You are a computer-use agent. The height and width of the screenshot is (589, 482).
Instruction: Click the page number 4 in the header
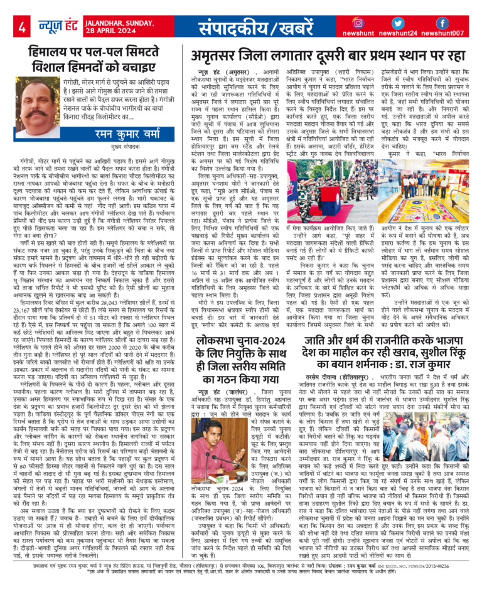pyautogui.click(x=22, y=26)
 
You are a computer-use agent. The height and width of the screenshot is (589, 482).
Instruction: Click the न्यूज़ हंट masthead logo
pyautogui.click(x=53, y=26)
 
